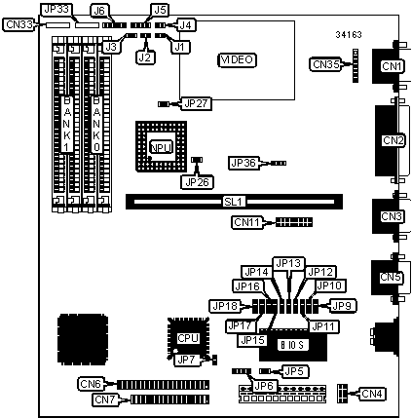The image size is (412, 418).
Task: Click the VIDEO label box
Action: click(x=237, y=59)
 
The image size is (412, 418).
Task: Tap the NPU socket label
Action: click(x=162, y=147)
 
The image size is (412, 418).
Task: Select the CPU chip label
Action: click(x=188, y=338)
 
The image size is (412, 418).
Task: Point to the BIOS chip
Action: click(x=293, y=345)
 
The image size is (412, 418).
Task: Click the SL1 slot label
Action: click(x=233, y=202)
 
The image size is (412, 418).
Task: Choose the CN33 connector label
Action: click(x=19, y=24)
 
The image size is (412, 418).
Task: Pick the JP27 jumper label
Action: click(x=197, y=103)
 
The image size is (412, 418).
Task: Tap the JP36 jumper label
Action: click(x=244, y=163)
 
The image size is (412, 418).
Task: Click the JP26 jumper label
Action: click(x=197, y=182)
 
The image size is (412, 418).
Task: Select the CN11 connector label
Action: click(x=247, y=222)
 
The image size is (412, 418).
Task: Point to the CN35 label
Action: click(x=326, y=64)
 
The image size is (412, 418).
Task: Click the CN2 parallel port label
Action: click(x=393, y=140)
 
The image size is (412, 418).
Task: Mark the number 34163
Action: click(x=349, y=35)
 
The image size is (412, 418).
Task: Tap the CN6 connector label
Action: click(x=91, y=384)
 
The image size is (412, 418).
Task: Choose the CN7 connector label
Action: click(x=104, y=399)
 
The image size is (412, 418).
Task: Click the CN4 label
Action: click(x=372, y=394)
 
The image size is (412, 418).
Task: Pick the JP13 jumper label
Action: click(x=288, y=263)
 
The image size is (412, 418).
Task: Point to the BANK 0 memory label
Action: click(x=96, y=124)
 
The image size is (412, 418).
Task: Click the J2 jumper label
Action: click(x=145, y=57)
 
